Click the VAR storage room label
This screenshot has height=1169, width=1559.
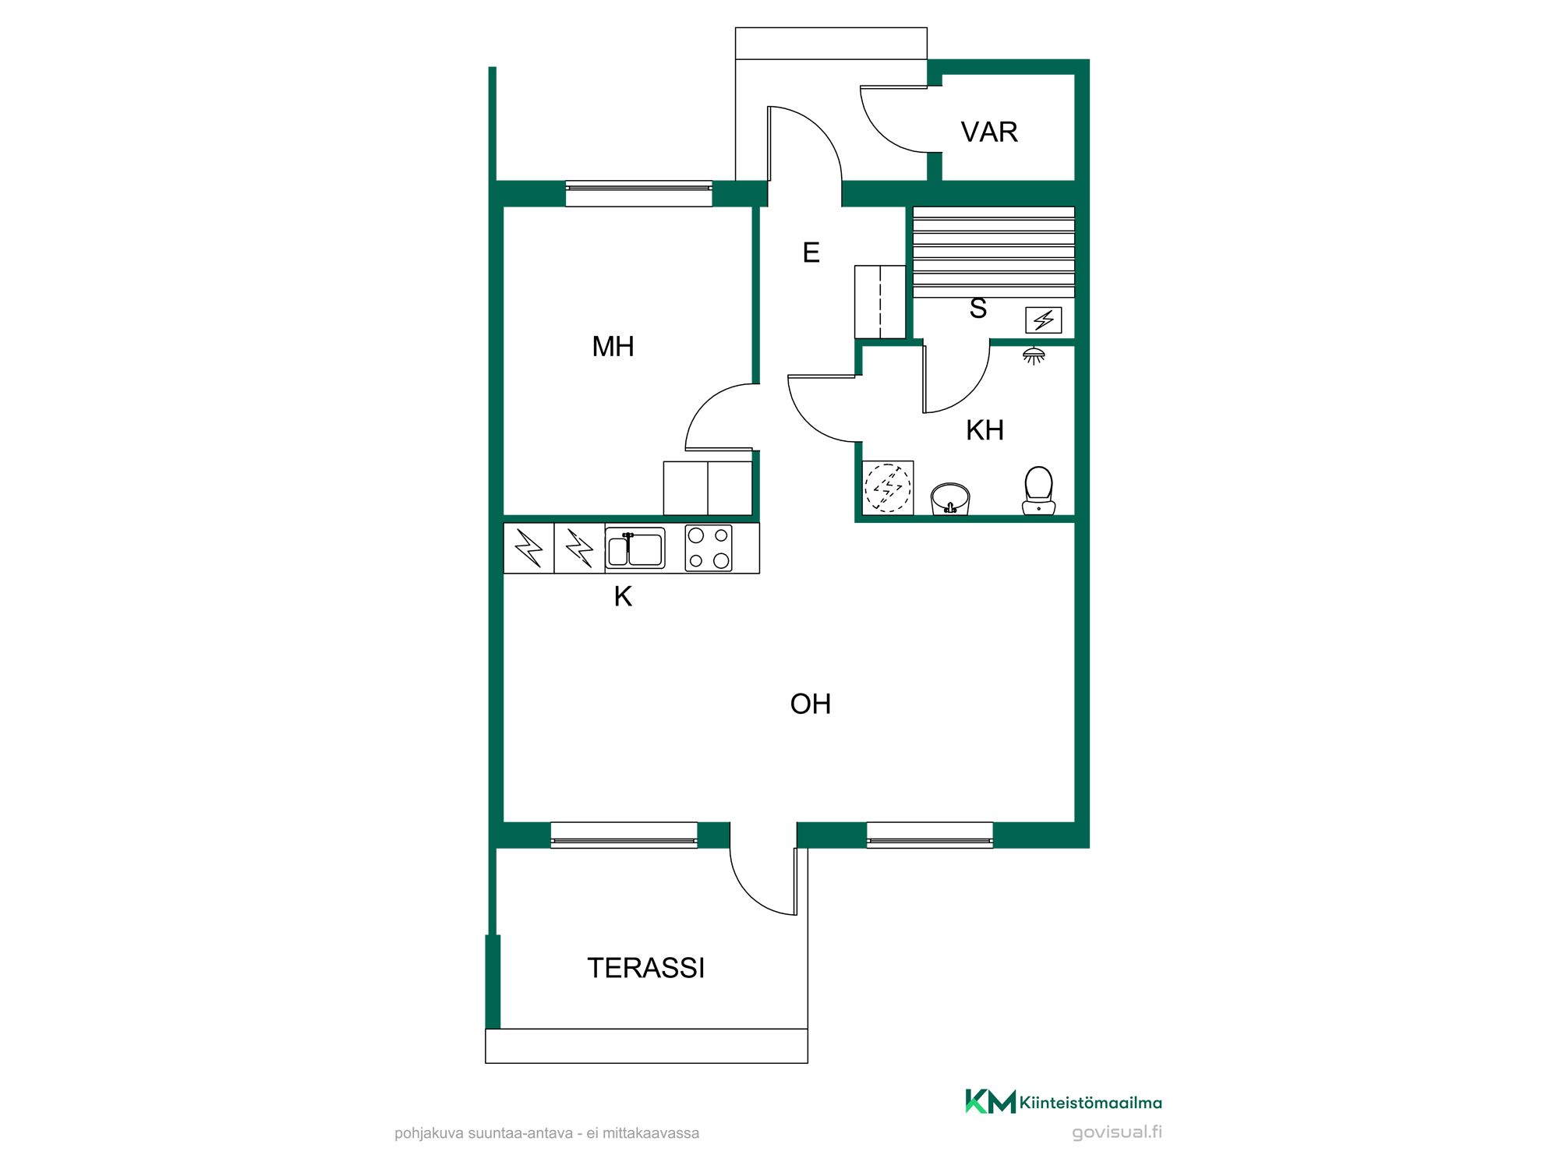click(989, 132)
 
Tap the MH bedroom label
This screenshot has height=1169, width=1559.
click(613, 347)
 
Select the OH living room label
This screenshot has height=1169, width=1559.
click(810, 705)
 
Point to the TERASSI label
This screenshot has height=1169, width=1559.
click(645, 968)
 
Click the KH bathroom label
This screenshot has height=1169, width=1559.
click(985, 430)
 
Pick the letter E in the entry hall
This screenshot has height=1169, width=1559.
click(811, 253)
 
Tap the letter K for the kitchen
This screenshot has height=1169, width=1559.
click(623, 596)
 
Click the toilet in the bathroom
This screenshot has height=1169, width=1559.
click(1038, 491)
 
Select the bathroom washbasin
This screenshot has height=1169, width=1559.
click(950, 499)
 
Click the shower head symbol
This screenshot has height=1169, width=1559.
click(1034, 356)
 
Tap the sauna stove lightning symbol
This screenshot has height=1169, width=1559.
click(1043, 320)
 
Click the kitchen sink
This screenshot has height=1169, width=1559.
click(635, 548)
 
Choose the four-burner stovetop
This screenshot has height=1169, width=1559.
click(709, 548)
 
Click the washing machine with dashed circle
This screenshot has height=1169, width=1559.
click(887, 488)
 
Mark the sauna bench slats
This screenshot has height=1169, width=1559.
click(994, 252)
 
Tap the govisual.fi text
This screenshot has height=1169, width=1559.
click(1117, 1132)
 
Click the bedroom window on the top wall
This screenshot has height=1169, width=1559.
click(638, 193)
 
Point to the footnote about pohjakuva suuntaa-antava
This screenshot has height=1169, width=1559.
click(546, 1133)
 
